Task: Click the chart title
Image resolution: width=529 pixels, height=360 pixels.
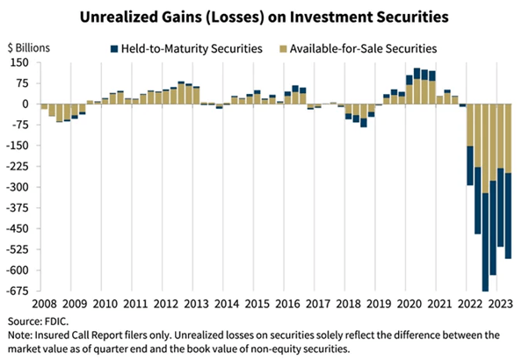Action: pyautogui.click(x=264, y=15)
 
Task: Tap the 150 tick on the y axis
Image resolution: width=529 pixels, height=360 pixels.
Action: pyautogui.click(x=18, y=63)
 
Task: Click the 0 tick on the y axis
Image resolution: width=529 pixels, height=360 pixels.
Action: pyautogui.click(x=24, y=104)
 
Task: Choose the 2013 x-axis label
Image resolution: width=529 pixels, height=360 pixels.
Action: pyautogui.click(x=195, y=304)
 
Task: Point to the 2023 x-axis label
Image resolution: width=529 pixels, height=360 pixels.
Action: pyautogui.click(x=499, y=304)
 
